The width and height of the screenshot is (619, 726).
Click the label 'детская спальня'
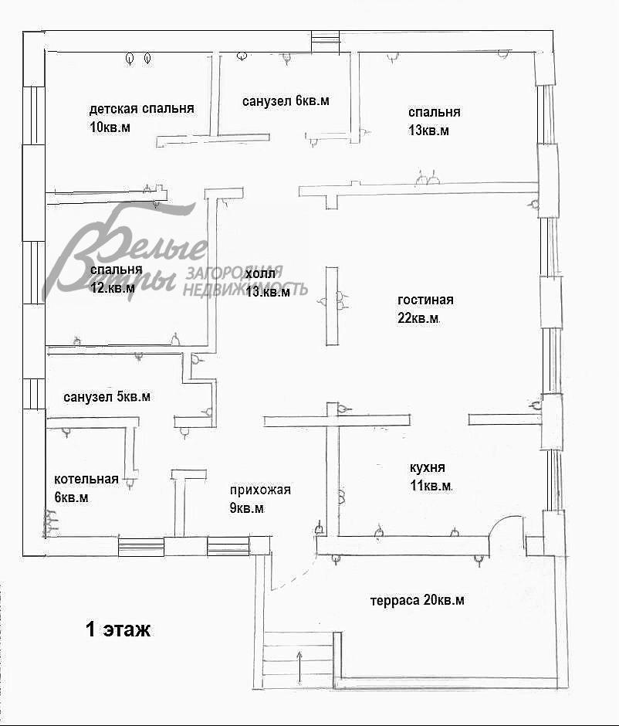point(141,109)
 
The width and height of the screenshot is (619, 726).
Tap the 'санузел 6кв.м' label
point(286,100)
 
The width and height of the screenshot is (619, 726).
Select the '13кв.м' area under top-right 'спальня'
point(428,131)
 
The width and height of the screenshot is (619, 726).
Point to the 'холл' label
point(260,273)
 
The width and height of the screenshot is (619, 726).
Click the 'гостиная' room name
point(425,300)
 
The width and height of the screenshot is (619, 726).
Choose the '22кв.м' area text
point(418,318)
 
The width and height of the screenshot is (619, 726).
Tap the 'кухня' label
point(428,467)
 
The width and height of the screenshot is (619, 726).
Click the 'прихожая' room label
point(260,490)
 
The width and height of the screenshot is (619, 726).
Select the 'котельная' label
point(86,479)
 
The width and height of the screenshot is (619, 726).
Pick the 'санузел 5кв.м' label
point(107,397)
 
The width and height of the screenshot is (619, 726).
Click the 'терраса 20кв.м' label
point(418,601)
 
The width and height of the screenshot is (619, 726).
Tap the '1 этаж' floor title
point(118,629)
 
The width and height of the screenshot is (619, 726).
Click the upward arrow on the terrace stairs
point(299,667)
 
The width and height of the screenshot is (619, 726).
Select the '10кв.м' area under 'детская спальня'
point(110,127)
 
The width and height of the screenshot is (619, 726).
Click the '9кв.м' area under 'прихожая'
point(247,508)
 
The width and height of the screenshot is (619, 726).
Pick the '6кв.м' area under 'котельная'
point(71,497)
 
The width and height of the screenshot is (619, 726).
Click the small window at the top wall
point(325,41)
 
